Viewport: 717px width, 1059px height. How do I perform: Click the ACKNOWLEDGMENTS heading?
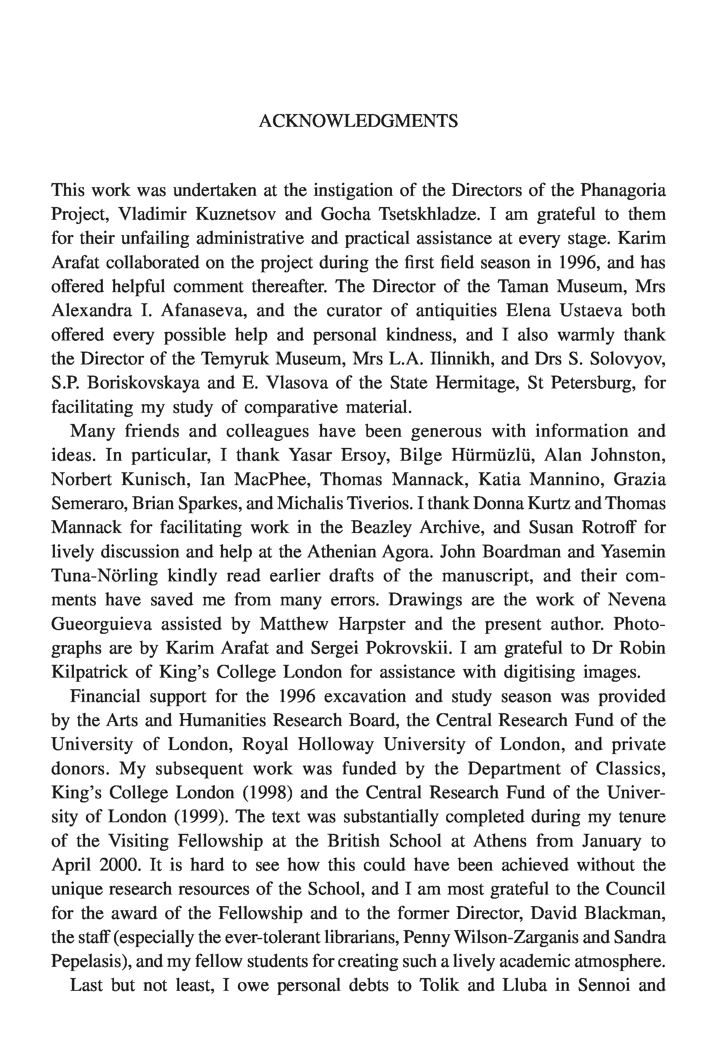point(358,121)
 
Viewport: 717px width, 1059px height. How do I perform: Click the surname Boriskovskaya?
point(143,382)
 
